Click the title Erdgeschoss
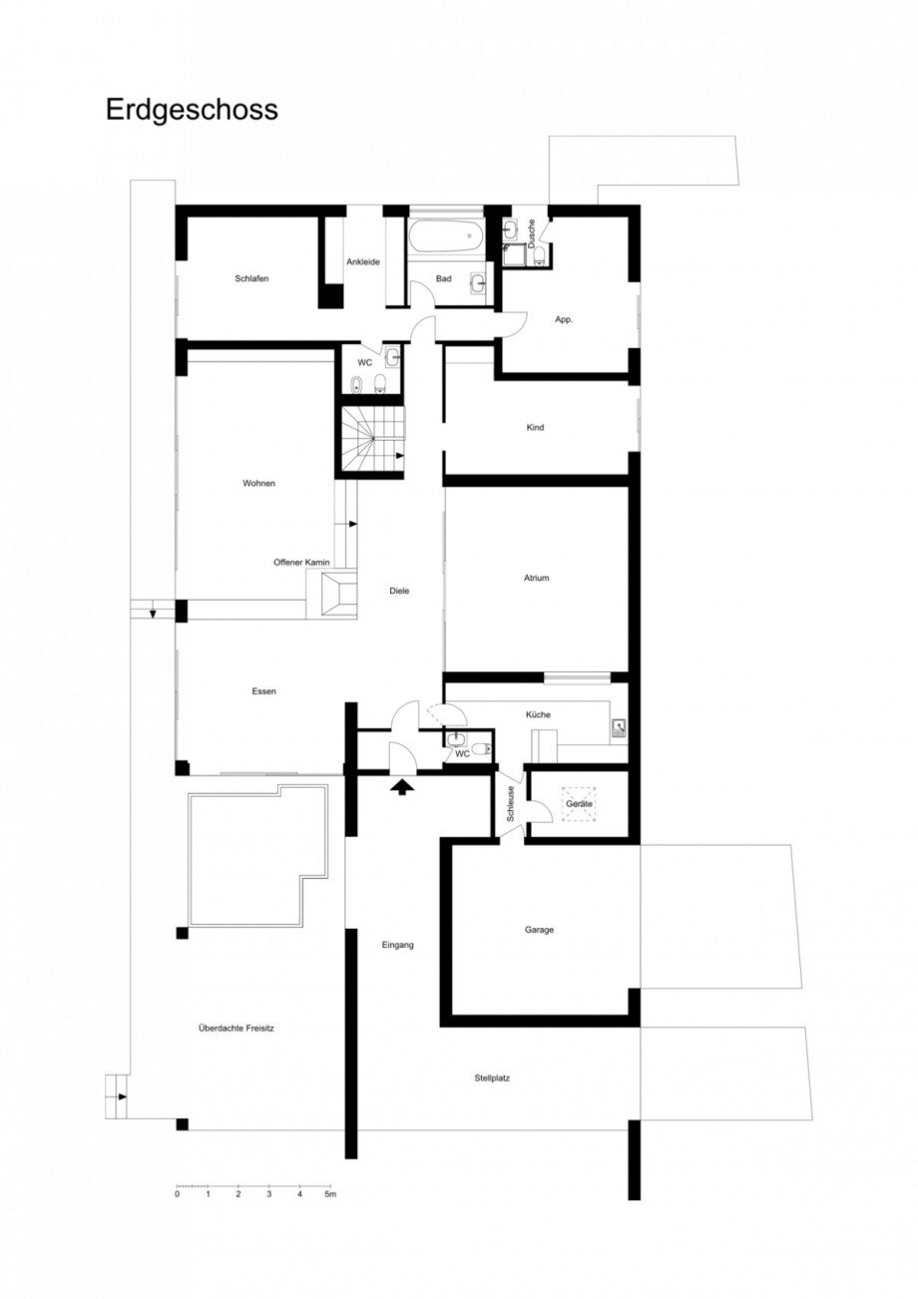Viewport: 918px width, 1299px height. [192, 110]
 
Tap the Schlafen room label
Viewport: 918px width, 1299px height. [251, 278]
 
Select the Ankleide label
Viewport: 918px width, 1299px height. [361, 262]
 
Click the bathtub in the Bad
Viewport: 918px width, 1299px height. [445, 237]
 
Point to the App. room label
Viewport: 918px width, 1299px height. [564, 319]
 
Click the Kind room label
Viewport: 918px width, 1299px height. [535, 428]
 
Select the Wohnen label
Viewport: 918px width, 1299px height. [258, 483]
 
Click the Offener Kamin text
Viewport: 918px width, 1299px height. [301, 563]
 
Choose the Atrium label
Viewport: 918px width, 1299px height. [536, 578]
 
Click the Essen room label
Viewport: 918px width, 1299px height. [263, 690]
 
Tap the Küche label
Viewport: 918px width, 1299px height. [538, 714]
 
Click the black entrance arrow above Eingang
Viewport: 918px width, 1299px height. [401, 787]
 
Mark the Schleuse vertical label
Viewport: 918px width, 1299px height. [510, 803]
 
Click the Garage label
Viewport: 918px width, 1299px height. [539, 930]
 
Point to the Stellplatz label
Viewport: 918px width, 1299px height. [494, 1078]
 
